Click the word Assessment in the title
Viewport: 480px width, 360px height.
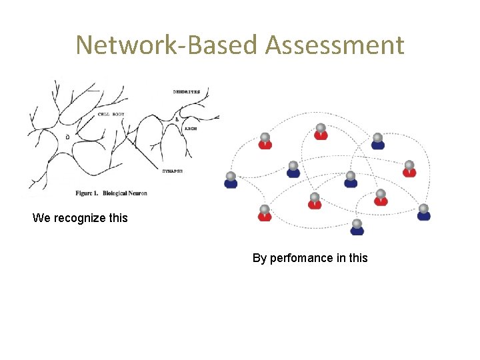click(x=334, y=45)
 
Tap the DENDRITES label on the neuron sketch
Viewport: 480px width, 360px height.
click(x=186, y=92)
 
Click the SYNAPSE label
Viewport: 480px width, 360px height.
click(x=173, y=171)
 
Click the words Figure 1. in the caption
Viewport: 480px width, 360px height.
click(x=88, y=193)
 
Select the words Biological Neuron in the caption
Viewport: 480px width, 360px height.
click(x=125, y=193)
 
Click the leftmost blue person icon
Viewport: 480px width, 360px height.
click(x=231, y=181)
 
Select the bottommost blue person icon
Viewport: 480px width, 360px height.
click(x=357, y=227)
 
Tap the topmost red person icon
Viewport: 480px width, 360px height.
click(x=321, y=132)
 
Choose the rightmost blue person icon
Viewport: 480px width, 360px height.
click(x=423, y=213)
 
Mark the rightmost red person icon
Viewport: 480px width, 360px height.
click(x=409, y=169)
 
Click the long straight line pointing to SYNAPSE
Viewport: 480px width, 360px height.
click(x=143, y=148)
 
